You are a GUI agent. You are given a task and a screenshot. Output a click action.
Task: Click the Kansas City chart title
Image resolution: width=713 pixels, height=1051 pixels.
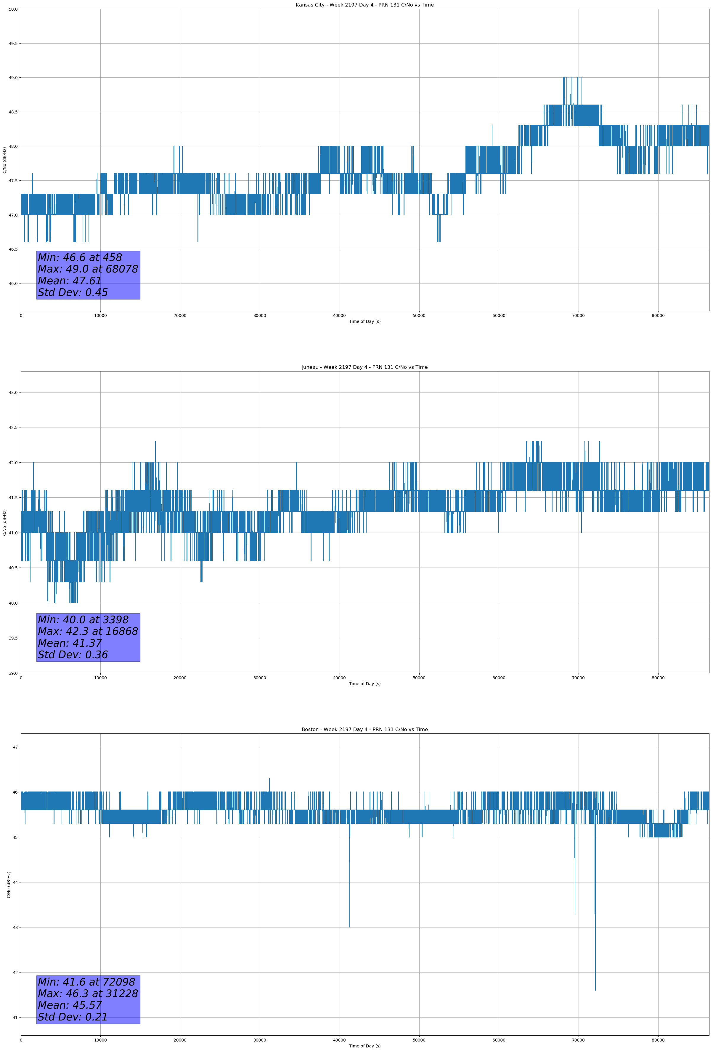[x=364, y=5]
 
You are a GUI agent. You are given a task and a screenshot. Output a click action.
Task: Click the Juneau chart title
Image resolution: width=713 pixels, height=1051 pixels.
[x=364, y=367]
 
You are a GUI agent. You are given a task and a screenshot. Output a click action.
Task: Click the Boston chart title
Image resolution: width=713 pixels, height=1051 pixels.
[x=364, y=730]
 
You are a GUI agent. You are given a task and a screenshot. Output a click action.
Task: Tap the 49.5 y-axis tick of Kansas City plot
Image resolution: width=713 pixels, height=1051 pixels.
[x=13, y=44]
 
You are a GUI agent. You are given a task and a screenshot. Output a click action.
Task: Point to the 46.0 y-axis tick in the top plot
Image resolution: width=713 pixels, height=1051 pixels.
[x=13, y=283]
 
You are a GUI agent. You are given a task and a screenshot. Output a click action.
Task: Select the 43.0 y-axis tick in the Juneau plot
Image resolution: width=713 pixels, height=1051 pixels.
[x=13, y=392]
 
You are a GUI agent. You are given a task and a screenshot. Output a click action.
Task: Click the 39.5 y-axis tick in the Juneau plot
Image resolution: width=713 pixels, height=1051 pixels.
[x=13, y=638]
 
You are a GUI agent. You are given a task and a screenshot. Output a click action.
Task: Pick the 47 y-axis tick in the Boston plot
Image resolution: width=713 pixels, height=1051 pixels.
[x=15, y=747]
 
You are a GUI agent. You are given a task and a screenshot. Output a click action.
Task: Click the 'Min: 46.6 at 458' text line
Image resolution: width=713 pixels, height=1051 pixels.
[x=80, y=257]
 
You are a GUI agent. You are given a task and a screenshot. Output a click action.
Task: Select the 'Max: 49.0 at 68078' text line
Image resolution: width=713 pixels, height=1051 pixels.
[x=88, y=269]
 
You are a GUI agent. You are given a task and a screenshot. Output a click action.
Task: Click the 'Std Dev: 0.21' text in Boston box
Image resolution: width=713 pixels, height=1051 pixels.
[x=73, y=1017]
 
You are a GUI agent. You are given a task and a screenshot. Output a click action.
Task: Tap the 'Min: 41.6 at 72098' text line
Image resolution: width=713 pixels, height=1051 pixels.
[x=86, y=982]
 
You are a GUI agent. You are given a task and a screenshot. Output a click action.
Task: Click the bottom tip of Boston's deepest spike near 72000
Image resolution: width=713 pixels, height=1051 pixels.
[x=595, y=990]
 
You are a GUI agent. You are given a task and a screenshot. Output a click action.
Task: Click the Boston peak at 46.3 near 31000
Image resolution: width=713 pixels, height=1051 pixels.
[x=269, y=778]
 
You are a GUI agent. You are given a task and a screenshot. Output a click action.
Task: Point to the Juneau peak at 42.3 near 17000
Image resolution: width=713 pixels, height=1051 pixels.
[x=155, y=441]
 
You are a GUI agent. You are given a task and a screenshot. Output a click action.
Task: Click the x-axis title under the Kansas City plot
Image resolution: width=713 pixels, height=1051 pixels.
[x=364, y=321]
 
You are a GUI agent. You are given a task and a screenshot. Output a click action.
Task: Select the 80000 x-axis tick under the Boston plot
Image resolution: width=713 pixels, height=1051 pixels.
[x=658, y=1040]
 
